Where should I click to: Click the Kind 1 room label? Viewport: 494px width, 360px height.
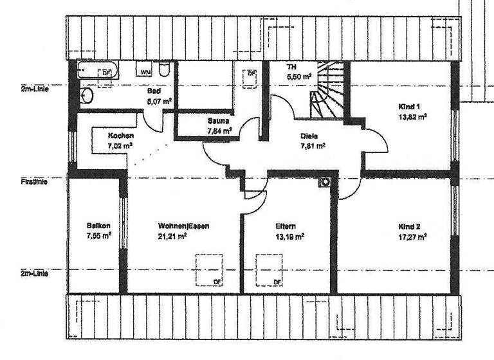[x=409, y=106]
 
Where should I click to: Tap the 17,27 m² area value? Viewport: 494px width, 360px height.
[x=413, y=237]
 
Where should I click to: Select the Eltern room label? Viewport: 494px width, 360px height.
[x=286, y=226]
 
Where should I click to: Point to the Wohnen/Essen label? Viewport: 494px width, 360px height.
[x=183, y=226]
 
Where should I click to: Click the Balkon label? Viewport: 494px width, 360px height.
[x=98, y=226]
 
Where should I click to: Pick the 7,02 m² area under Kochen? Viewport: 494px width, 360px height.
[x=120, y=146]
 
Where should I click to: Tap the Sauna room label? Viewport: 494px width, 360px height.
[x=218, y=121]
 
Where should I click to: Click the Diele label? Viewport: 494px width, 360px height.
[x=309, y=136]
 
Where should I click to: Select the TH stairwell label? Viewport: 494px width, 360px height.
[x=291, y=66]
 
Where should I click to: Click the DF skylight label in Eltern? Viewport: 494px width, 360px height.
[x=278, y=282]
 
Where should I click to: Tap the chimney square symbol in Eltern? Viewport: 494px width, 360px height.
[x=326, y=182]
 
